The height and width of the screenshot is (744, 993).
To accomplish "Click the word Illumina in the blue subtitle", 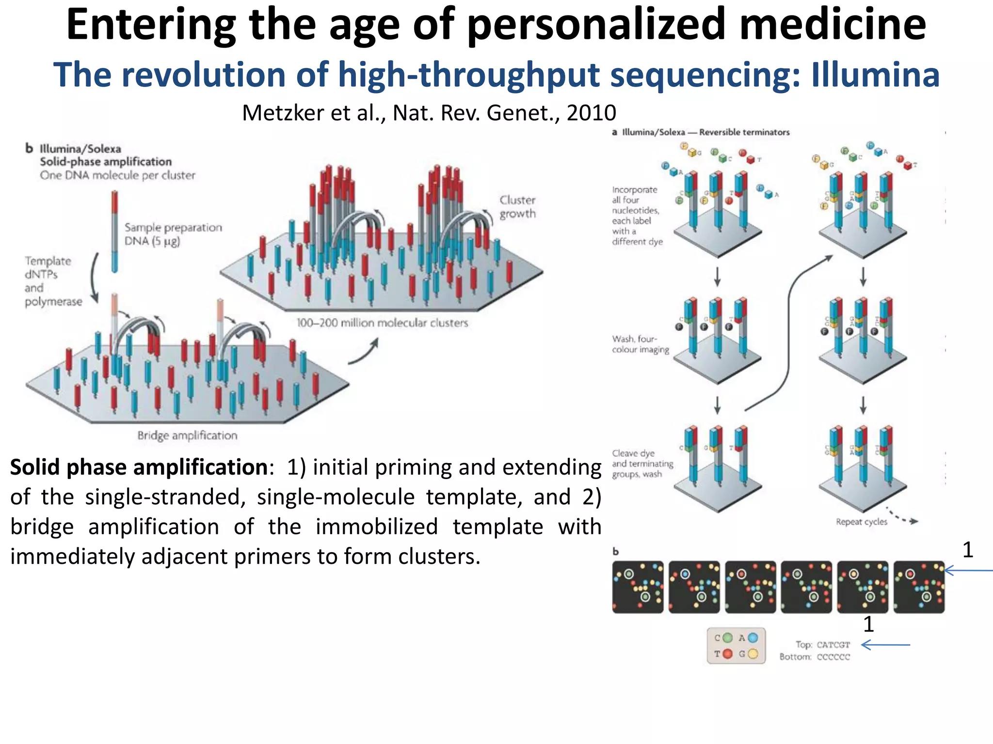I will (875, 75).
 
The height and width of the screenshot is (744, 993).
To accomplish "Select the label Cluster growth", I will (517, 207).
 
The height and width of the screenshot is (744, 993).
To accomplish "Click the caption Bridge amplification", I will (187, 435).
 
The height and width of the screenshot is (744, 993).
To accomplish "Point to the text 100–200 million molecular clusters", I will (382, 323).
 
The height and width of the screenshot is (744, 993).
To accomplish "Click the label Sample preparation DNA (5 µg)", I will (173, 234).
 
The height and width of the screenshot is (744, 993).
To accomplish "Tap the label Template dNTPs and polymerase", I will (52, 281).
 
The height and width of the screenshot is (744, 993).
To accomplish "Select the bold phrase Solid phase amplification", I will (139, 467).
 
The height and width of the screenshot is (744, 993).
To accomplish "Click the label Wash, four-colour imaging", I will (640, 344).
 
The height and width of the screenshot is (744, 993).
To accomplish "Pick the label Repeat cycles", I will (861, 522).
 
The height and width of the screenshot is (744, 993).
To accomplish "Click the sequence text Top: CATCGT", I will (823, 645).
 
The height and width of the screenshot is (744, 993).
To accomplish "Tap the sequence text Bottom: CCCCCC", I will (815, 657).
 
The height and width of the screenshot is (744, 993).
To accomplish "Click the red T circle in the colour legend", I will (727, 654).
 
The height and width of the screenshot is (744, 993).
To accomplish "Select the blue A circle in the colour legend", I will (753, 638).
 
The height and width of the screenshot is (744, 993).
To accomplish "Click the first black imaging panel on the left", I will (638, 587).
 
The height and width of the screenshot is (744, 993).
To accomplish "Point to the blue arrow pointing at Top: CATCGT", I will (885, 645).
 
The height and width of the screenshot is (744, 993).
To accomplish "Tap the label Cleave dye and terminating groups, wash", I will (642, 464).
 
